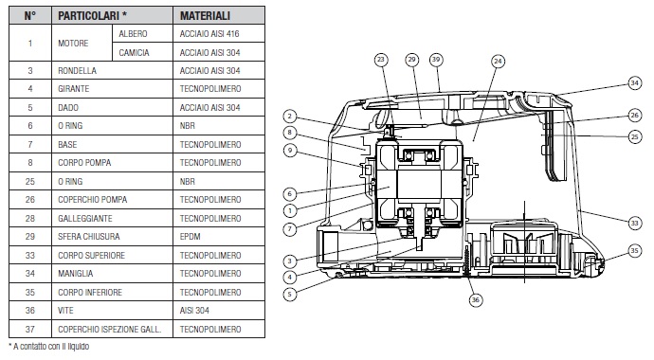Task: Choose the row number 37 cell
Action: click(x=30, y=329)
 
